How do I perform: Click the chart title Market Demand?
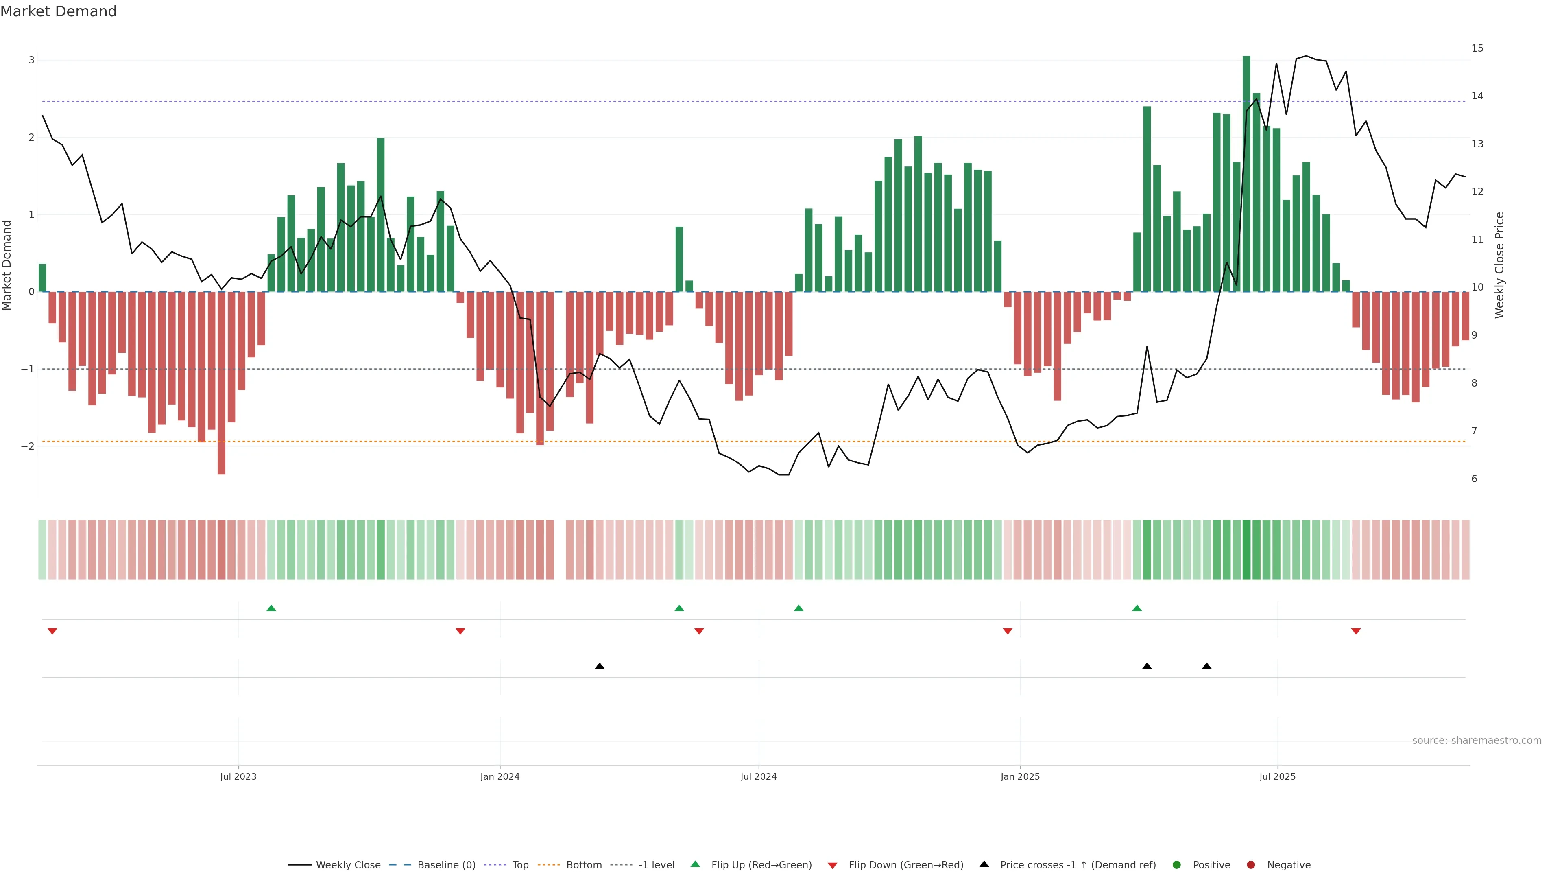pos(58,11)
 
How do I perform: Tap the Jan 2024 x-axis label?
pos(500,776)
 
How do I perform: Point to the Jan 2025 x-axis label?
pos(1020,776)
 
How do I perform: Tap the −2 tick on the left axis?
pos(27,446)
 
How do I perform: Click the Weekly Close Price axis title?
pos(1499,265)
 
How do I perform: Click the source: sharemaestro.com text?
pos(1477,740)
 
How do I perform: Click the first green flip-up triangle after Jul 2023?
pos(271,608)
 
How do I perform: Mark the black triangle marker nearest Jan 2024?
pos(600,666)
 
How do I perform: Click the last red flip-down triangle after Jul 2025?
pos(1356,632)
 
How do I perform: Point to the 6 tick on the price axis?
pos(1474,479)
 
